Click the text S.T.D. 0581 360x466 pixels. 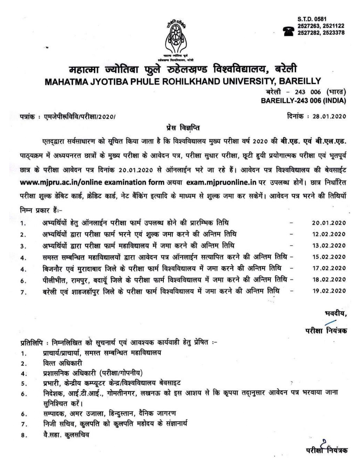click(x=312, y=19)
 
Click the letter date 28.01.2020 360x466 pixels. click(x=329, y=116)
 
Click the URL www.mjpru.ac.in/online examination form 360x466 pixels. click(x=92, y=182)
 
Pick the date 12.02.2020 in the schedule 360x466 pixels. click(x=329, y=234)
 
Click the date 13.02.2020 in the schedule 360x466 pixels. click(x=329, y=246)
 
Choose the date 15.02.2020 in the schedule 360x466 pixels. click(x=329, y=257)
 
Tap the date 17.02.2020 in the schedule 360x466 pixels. click(x=329, y=268)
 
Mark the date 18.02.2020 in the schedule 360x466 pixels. click(x=329, y=280)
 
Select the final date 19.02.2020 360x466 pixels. click(x=329, y=291)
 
